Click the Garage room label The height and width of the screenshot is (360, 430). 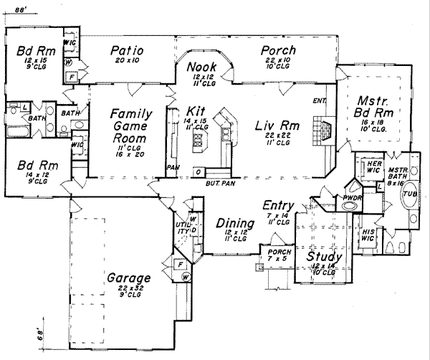(x=128, y=278)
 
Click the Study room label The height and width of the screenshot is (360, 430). (x=324, y=257)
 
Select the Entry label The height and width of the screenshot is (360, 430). (x=278, y=205)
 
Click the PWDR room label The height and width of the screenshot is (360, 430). (x=351, y=196)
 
